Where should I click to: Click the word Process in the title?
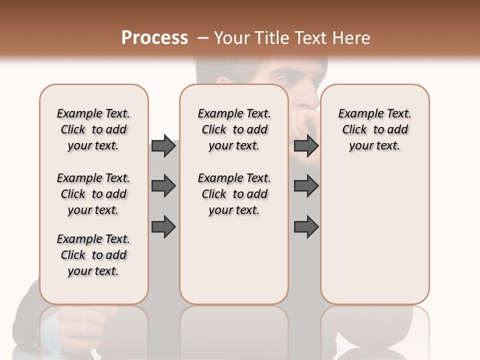154,38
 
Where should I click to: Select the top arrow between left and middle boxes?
163,145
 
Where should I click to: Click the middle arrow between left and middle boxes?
163,186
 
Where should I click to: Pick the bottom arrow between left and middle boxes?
163,226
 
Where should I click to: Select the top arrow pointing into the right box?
306,145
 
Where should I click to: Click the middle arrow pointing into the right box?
306,186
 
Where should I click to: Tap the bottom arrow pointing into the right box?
306,226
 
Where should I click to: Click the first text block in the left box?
93,129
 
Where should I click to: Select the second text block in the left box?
93,194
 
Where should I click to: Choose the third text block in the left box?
93,255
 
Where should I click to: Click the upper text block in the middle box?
234,129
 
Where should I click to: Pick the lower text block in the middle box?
234,194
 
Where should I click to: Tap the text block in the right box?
374,129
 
